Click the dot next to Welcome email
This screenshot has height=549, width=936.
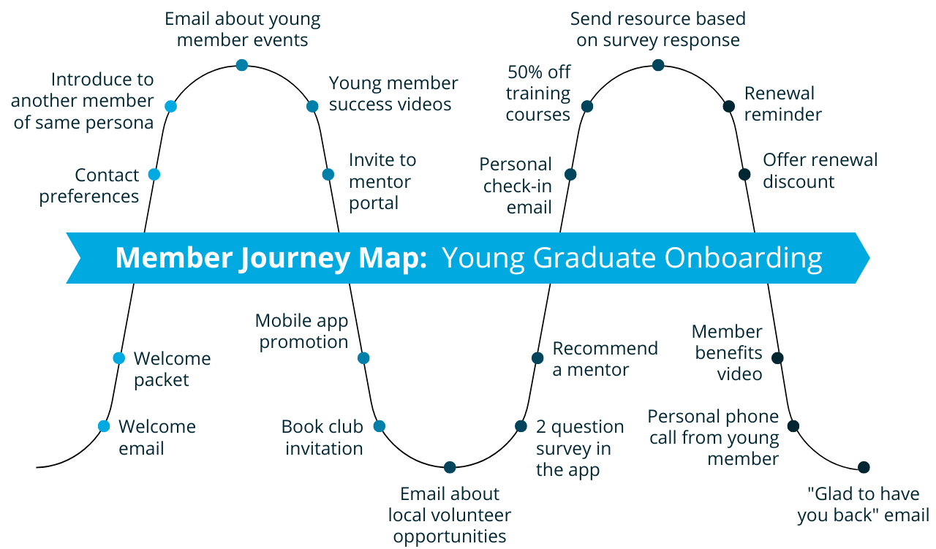click(x=104, y=426)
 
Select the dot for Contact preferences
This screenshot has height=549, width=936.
click(x=154, y=174)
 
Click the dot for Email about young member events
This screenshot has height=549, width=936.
click(x=242, y=65)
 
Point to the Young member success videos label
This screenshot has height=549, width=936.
click(x=393, y=94)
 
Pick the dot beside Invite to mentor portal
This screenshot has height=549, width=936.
click(x=328, y=174)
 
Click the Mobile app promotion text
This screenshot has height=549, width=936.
click(x=301, y=331)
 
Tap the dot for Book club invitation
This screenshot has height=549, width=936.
click(x=379, y=426)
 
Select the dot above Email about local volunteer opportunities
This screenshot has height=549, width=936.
click(x=450, y=467)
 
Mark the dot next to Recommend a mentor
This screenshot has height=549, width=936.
click(x=537, y=358)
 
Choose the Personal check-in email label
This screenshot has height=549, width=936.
click(x=516, y=186)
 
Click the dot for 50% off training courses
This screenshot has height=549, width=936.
click(x=586, y=106)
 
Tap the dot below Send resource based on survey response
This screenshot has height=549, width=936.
click(x=657, y=65)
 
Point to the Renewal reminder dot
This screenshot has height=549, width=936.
click(x=728, y=106)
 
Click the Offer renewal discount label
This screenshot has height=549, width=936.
click(x=820, y=170)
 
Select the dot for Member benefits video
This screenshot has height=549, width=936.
click(x=778, y=358)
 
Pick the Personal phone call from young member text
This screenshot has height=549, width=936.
click(x=713, y=437)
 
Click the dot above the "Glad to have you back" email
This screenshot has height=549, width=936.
click(x=864, y=467)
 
